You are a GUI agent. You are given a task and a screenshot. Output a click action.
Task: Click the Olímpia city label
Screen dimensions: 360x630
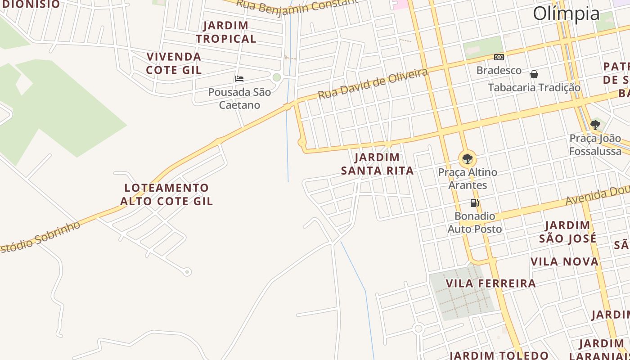tap(566, 14)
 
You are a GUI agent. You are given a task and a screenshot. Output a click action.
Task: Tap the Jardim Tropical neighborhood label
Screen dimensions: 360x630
tap(226, 32)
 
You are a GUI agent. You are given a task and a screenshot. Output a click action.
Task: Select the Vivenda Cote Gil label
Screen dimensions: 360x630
tap(174, 63)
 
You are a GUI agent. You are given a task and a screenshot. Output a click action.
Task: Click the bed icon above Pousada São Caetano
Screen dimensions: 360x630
tap(239, 79)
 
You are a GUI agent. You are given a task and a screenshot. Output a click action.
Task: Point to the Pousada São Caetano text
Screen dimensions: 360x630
tap(239, 99)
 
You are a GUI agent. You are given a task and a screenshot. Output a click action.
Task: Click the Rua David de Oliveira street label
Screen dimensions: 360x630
tap(373, 84)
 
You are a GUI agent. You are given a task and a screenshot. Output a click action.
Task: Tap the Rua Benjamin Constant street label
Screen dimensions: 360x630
tap(297, 5)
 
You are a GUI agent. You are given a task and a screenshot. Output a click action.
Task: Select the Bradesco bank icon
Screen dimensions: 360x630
tap(499, 57)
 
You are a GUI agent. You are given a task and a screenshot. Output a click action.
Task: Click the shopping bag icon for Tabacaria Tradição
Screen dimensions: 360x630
tap(534, 74)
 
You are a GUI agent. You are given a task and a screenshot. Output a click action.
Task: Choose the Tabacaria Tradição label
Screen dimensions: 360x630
tap(534, 87)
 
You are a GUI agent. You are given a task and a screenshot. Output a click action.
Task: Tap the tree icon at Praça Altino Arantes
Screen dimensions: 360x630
tap(468, 158)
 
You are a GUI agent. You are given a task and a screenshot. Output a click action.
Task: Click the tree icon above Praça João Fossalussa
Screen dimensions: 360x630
tap(595, 125)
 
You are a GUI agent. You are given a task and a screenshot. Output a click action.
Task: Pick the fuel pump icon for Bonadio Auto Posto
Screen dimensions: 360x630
tap(474, 203)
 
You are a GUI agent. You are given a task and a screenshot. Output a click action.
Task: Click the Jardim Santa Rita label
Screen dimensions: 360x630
tap(377, 164)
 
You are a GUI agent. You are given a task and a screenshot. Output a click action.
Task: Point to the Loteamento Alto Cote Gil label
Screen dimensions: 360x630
tap(166, 194)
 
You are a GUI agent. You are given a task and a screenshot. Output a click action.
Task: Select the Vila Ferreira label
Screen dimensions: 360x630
tap(490, 283)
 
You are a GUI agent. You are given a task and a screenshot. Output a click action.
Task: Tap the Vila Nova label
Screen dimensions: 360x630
tap(564, 262)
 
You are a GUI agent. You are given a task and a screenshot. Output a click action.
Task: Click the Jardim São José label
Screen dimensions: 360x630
tap(567, 232)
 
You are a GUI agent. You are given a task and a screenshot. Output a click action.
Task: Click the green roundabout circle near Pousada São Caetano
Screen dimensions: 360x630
tap(277, 77)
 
